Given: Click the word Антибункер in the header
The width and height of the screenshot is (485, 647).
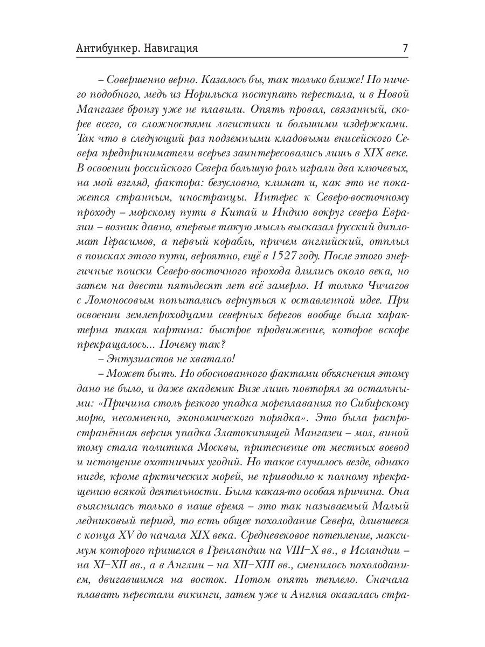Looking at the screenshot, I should click(108, 48).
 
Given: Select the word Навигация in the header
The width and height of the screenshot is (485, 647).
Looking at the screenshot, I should click(171, 48).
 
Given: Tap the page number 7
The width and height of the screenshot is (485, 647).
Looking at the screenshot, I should click(404, 48).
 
